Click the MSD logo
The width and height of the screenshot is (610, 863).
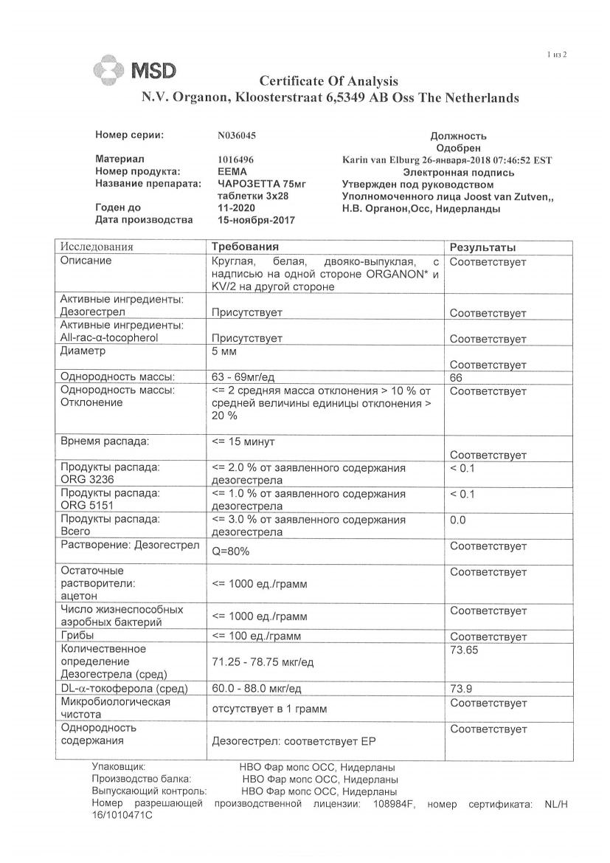(135, 71)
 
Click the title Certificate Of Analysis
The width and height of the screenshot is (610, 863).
(329, 80)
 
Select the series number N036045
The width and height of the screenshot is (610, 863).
(237, 136)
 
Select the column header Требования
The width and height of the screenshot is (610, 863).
(244, 247)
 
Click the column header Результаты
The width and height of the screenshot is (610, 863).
(482, 247)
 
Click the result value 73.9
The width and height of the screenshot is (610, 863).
(461, 688)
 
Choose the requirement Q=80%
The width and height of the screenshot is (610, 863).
(230, 551)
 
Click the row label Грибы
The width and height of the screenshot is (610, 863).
(78, 636)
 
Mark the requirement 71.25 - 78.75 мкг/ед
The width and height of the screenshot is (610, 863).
(263, 662)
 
